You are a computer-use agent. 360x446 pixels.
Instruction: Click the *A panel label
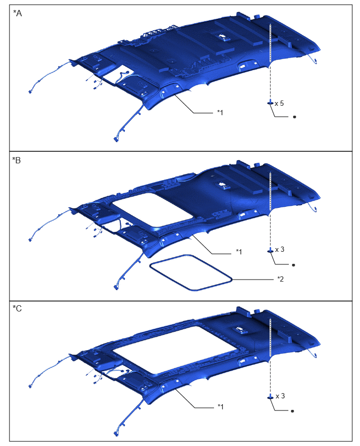click(17, 14)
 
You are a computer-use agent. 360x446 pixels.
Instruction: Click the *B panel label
click(17, 160)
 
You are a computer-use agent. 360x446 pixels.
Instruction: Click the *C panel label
click(17, 309)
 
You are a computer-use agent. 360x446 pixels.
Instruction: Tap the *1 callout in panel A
click(220, 113)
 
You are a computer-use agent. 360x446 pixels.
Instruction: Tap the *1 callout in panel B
click(239, 252)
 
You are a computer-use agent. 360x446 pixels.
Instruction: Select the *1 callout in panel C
click(220, 407)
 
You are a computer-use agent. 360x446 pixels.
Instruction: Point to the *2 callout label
click(280, 279)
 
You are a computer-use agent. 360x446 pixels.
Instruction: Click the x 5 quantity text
click(279, 103)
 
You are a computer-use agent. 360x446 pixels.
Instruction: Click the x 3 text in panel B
click(279, 250)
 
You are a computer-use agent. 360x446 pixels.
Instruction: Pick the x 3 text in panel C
click(280, 396)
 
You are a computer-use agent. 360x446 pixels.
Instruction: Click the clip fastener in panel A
click(270, 103)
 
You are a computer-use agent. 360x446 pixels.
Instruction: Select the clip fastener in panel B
click(270, 250)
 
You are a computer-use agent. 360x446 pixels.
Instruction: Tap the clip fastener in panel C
click(270, 397)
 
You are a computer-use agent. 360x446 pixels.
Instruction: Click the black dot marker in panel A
click(295, 117)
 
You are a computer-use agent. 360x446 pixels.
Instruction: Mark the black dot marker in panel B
click(294, 265)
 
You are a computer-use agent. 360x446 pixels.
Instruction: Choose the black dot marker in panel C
click(292, 411)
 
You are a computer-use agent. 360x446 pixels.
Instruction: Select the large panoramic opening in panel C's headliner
click(175, 350)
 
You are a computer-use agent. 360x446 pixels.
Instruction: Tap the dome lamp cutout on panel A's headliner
click(224, 37)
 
